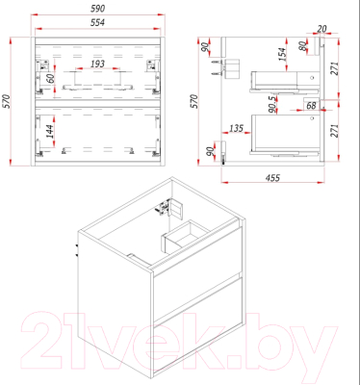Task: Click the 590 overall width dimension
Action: pos(97,9)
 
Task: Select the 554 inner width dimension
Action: pos(97,22)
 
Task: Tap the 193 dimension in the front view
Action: pos(97,64)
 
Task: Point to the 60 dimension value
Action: pos(51,78)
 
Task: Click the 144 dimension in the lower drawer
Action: pos(50,132)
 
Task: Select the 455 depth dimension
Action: pos(272,178)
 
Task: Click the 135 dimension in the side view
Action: pos(236,128)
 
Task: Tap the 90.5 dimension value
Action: pos(272,104)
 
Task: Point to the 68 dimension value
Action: pos(311,105)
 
